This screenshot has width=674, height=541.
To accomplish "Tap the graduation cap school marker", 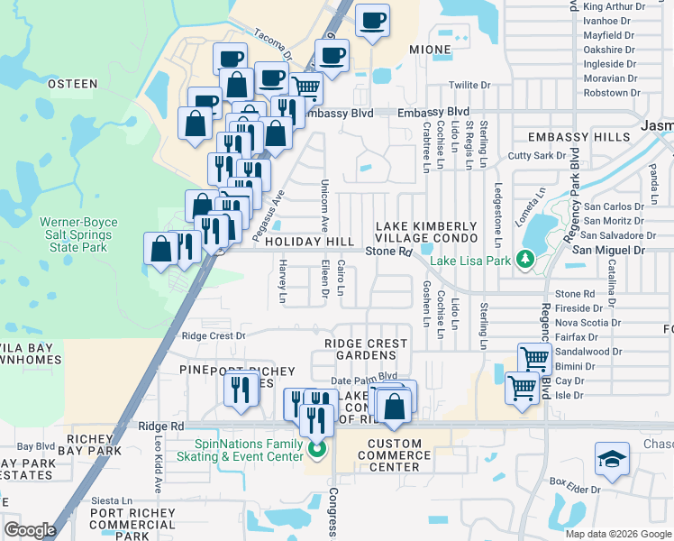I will tap(612, 459).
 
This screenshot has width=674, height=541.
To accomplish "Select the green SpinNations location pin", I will tap(315, 448).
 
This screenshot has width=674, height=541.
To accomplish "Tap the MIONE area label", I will tap(430, 50).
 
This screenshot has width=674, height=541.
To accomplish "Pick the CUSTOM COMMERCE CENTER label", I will tap(395, 455).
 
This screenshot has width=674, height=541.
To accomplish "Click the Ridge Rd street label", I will tap(161, 426).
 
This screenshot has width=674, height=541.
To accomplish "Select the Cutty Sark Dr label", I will tap(535, 156).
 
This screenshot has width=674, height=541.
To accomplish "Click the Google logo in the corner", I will tap(30, 530).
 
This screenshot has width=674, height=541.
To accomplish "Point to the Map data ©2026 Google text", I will tap(618, 534).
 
